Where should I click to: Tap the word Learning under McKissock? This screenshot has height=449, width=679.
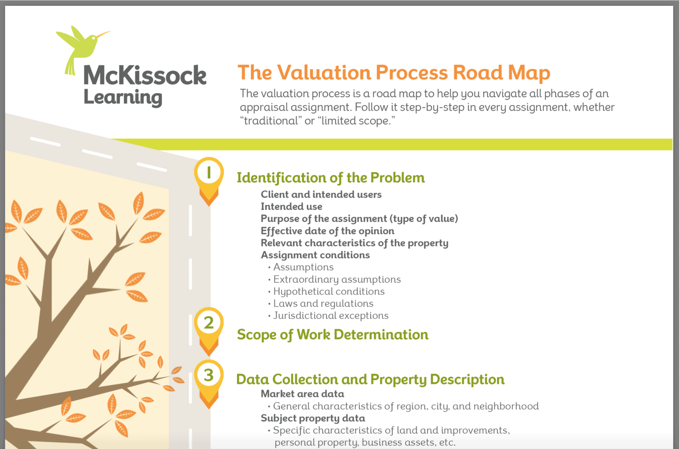tap(123, 98)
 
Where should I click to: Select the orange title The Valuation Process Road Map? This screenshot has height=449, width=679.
tap(394, 73)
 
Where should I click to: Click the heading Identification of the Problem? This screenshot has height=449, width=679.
tap(331, 178)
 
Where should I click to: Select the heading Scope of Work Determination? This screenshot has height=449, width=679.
tap(333, 335)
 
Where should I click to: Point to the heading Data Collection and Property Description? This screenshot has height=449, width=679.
tap(370, 379)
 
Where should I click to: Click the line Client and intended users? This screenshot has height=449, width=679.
tap(321, 195)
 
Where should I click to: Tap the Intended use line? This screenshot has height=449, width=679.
tap(292, 206)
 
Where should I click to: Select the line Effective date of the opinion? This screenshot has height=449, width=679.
tap(328, 231)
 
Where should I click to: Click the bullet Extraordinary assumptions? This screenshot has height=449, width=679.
tap(337, 280)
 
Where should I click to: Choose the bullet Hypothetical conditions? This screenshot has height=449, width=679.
tap(329, 291)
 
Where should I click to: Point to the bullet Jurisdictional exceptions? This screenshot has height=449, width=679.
tap(331, 316)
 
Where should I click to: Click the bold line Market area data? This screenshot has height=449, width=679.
tap(303, 394)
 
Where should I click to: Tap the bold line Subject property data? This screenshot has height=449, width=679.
tap(313, 418)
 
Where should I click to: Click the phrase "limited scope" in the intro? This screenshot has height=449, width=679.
tap(356, 121)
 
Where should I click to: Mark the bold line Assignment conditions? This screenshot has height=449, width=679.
tap(315, 255)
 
